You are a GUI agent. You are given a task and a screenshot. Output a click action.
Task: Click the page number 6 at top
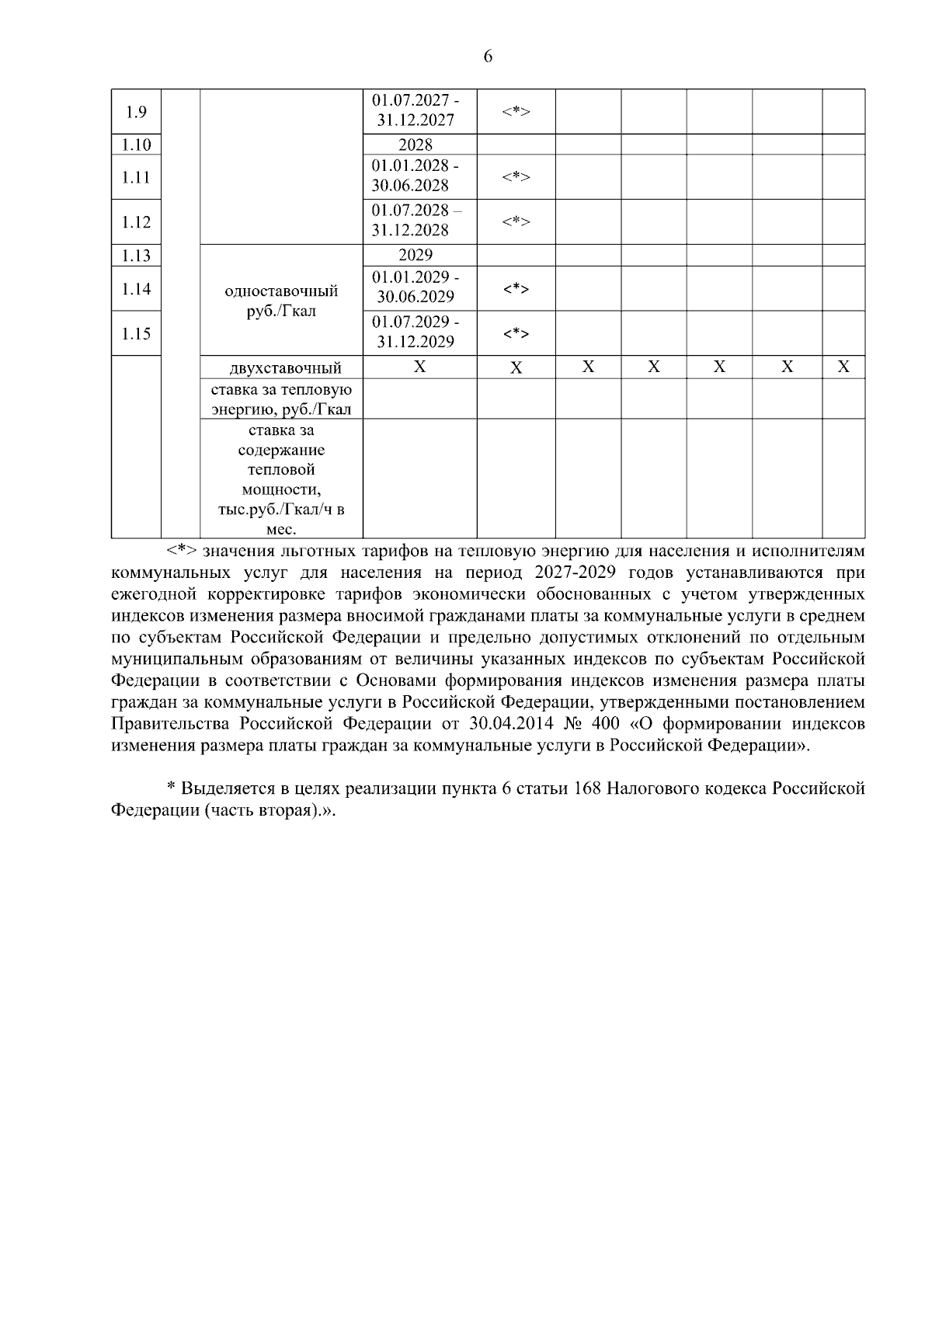(x=488, y=57)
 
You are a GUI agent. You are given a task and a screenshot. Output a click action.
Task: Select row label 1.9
(x=136, y=112)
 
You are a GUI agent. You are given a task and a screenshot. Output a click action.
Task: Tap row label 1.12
(x=136, y=222)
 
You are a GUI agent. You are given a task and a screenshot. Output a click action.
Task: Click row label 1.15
(x=136, y=334)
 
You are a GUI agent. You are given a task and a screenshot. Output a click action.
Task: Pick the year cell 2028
(x=416, y=145)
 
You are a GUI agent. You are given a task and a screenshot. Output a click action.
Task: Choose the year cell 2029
(x=416, y=256)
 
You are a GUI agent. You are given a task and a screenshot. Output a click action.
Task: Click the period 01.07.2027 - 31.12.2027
(x=416, y=111)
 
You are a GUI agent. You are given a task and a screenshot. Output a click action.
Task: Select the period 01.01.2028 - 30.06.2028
(x=416, y=176)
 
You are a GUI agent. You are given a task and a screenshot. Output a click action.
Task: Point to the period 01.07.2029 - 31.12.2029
(x=416, y=332)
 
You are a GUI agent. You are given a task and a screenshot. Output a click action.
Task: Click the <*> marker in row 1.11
(x=516, y=177)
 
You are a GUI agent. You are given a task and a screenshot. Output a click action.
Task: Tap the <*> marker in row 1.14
(x=516, y=289)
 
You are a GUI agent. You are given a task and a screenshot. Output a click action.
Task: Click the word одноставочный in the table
(x=281, y=291)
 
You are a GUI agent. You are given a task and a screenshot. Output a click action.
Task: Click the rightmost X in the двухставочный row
(x=843, y=367)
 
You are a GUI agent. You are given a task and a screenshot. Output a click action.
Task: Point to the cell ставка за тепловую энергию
(x=281, y=399)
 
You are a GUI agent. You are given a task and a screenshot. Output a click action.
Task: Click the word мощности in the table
(x=280, y=490)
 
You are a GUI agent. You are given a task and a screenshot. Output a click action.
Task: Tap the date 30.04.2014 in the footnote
(x=512, y=724)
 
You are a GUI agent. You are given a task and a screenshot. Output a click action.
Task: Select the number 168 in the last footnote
(x=587, y=788)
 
